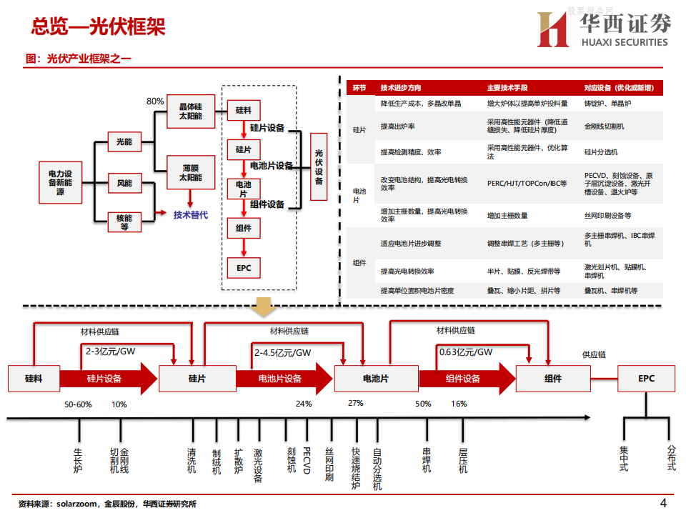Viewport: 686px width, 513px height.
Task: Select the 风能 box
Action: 124,184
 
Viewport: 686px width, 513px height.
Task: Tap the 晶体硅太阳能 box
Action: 190,111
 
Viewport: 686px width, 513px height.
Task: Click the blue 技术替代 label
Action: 191,214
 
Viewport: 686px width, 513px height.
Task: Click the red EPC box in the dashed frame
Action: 244,267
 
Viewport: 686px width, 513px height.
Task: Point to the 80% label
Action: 155,101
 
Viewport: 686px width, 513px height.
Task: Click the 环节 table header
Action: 359,88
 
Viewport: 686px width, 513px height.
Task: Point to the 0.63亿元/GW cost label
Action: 466,352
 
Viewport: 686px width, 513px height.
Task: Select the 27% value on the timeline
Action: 355,404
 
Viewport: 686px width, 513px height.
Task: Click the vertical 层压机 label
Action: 463,461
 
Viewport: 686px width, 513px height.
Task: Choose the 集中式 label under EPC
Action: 623,459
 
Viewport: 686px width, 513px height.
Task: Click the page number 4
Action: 663,502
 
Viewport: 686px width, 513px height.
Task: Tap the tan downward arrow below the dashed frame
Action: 265,307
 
